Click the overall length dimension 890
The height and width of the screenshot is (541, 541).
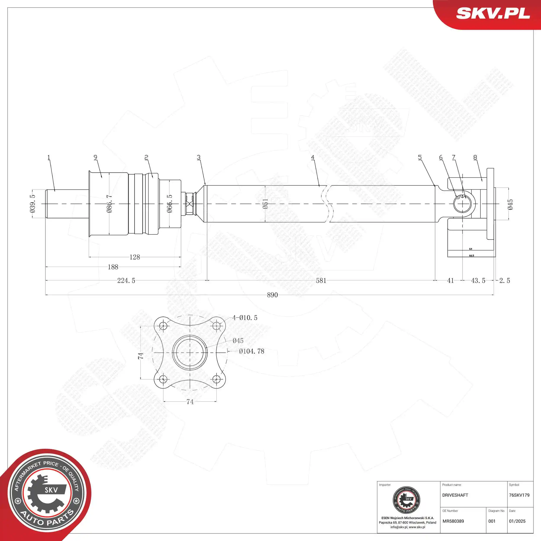click(272, 295)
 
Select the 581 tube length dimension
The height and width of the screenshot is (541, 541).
click(321, 280)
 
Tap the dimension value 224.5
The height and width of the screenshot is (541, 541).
click(126, 280)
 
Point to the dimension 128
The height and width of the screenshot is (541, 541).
click(134, 257)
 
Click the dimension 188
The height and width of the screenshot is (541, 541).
click(113, 267)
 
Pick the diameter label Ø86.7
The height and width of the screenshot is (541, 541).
click(109, 204)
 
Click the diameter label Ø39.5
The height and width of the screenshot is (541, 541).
click(32, 204)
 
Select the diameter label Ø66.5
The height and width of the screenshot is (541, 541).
click(169, 204)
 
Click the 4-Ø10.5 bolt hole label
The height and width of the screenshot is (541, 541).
click(245, 317)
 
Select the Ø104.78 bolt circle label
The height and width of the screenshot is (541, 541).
click(251, 351)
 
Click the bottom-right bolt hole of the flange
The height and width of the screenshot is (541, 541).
click(216, 379)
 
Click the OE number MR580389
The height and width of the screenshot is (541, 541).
click(453, 521)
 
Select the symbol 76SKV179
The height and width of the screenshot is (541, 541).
click(519, 495)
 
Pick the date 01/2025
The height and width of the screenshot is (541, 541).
click(517, 521)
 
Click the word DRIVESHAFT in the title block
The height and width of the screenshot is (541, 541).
click(455, 495)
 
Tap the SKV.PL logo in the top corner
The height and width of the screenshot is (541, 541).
click(493, 13)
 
